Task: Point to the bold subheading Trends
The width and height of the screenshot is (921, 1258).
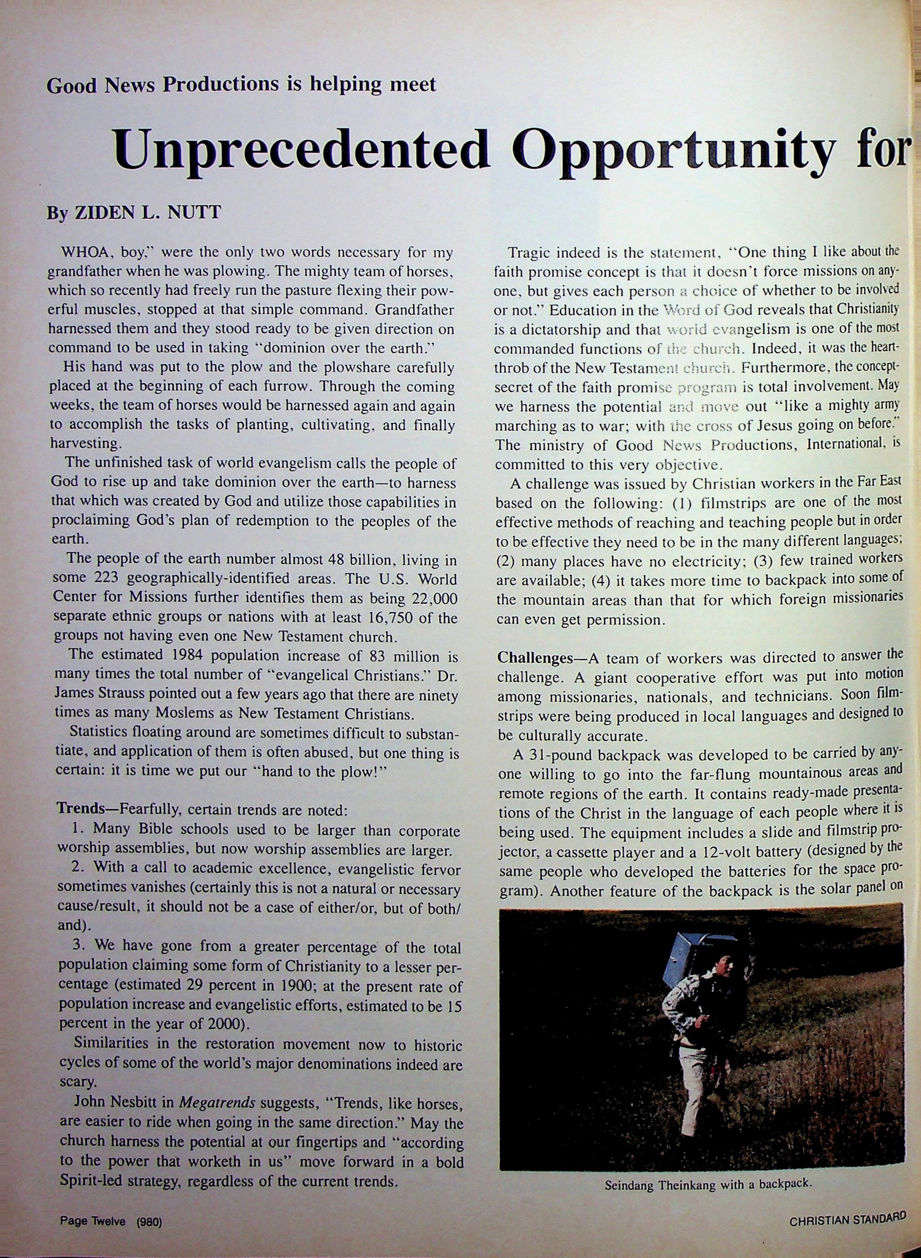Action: (83, 809)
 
